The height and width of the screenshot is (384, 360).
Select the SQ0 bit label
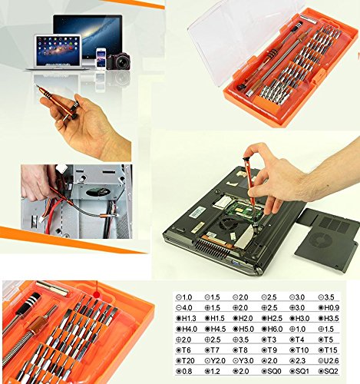click(279, 370)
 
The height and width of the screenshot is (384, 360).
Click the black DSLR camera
click(119, 61)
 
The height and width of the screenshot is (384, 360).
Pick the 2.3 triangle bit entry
click(307, 359)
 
